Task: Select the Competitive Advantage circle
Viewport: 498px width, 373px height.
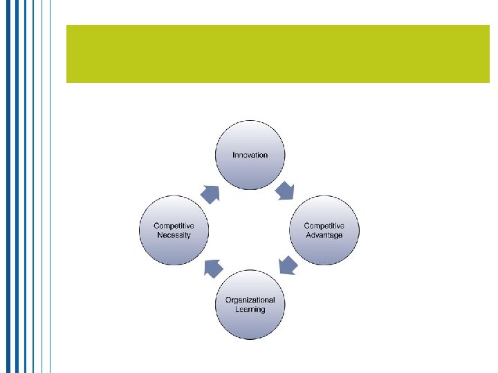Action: click(324, 230)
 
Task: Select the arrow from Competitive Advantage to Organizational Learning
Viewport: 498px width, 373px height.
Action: click(286, 266)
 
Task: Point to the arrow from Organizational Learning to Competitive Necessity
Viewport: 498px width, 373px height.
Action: click(213, 267)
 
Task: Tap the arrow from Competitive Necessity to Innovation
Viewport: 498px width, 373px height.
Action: click(210, 193)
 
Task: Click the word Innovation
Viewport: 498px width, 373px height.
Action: click(250, 155)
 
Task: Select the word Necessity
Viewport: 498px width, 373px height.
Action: click(174, 235)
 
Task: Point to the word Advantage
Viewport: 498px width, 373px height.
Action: click(324, 235)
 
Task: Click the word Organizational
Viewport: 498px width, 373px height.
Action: click(250, 300)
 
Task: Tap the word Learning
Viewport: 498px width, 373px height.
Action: click(250, 309)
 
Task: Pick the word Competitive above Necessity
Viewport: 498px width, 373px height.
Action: click(174, 226)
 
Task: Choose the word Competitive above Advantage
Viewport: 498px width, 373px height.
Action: click(324, 226)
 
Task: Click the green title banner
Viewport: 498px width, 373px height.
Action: click(277, 54)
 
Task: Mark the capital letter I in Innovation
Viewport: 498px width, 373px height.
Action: click(234, 155)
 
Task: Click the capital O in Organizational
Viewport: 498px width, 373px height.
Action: click(228, 300)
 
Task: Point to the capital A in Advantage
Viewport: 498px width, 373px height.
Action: click(308, 235)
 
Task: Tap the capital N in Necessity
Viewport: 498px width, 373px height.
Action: click(159, 235)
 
